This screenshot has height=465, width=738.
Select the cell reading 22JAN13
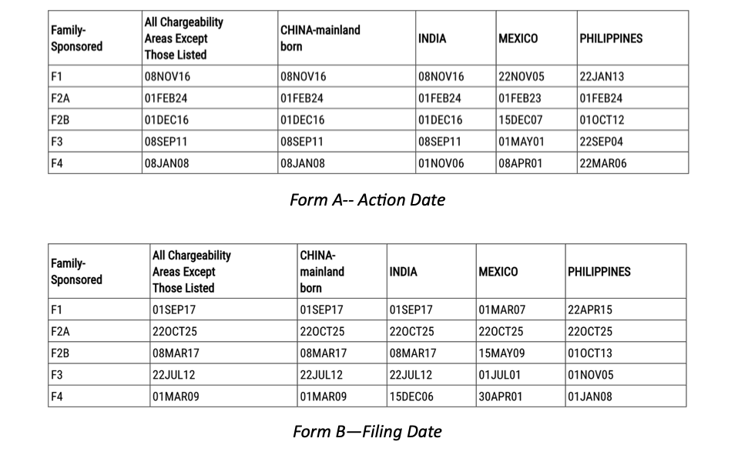click(602, 76)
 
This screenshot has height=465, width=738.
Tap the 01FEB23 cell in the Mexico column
click(520, 99)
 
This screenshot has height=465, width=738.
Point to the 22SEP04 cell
click(602, 142)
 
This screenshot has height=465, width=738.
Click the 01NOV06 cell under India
click(441, 163)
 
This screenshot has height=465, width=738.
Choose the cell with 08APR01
click(521, 163)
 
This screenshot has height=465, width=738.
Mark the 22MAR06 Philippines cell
click(602, 163)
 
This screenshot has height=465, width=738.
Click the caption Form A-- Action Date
click(367, 199)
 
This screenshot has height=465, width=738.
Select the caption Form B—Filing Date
click(367, 431)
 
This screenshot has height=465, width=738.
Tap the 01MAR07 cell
click(502, 309)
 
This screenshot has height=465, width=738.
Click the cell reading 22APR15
click(590, 309)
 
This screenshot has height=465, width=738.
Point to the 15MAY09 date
click(502, 353)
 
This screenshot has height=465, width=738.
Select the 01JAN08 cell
click(590, 397)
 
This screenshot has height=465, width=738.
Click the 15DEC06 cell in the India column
click(411, 397)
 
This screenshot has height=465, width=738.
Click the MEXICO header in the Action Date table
click(518, 38)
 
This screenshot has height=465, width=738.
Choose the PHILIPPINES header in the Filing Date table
click(599, 272)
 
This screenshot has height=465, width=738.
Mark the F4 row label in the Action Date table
click(57, 163)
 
